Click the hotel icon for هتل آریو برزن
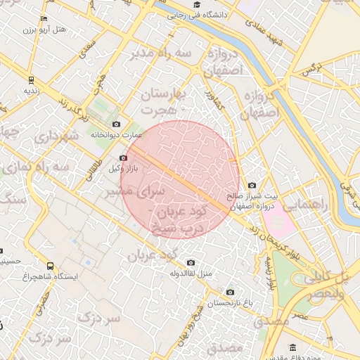click(x=45, y=18)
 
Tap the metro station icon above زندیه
click(x=31, y=80)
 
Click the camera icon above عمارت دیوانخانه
click(x=116, y=124)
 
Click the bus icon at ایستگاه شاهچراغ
click(x=50, y=266)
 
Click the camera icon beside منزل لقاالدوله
click(x=191, y=262)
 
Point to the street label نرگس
click(x=311, y=68)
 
